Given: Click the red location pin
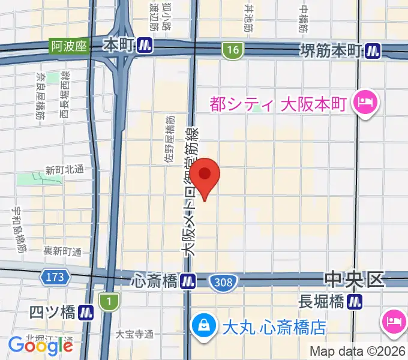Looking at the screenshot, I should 206,176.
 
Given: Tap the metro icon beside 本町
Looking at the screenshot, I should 144,45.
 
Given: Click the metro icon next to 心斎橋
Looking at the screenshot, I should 188,280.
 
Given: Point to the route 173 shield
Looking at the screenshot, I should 53,277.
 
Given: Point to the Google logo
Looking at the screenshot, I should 40,346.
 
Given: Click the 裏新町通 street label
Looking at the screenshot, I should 62,252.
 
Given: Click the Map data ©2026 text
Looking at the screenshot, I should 358,351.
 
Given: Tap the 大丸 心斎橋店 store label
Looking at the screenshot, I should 274,328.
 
